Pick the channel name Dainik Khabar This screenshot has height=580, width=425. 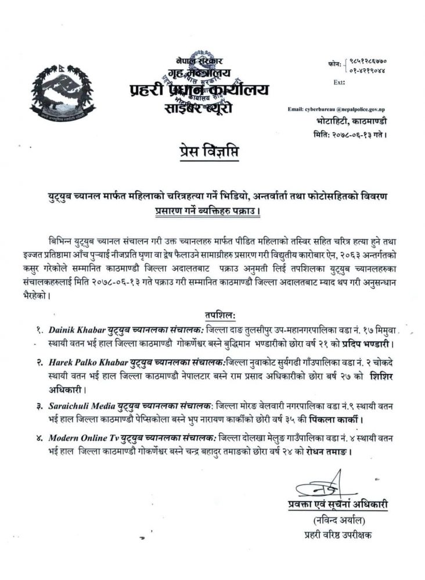[77, 329]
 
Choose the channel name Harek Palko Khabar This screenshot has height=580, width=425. [85, 362]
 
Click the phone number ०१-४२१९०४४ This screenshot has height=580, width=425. [368, 70]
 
